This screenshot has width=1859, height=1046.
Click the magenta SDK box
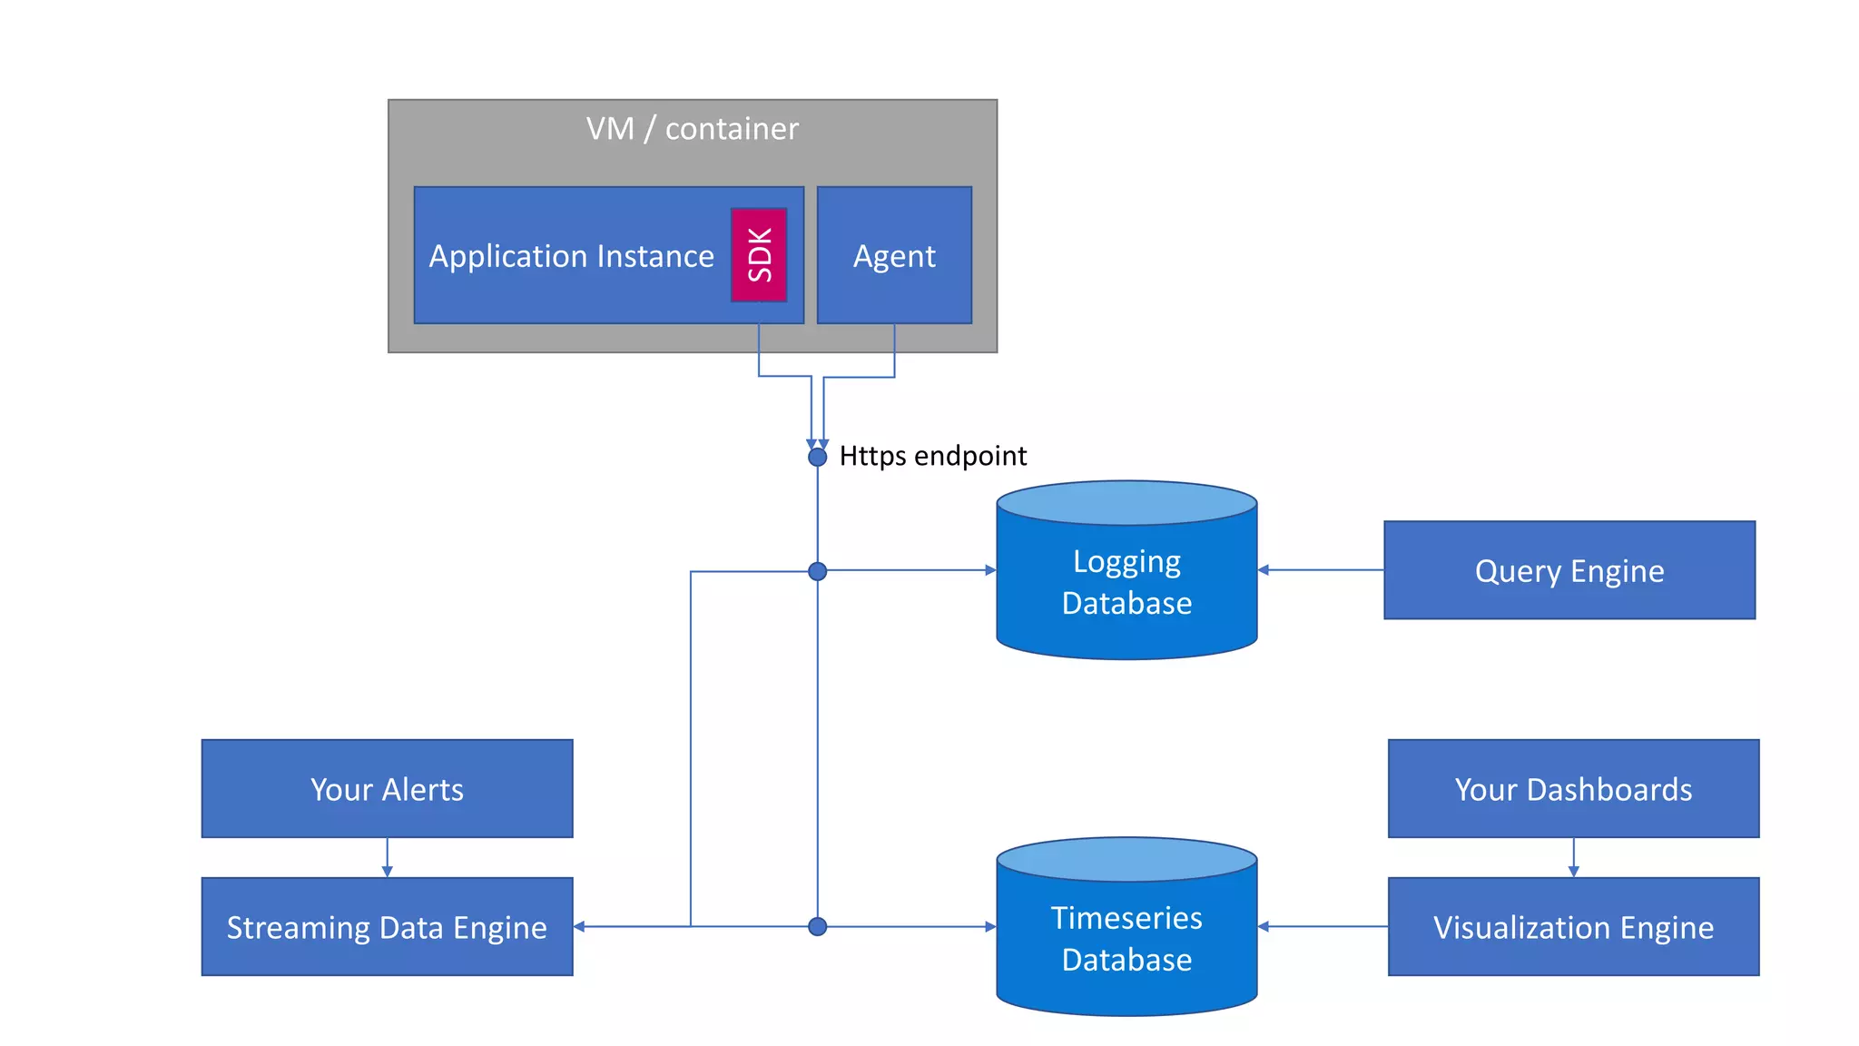pos(759,255)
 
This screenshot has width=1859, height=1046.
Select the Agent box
pos(894,255)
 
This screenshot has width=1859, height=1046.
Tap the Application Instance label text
pos(571,256)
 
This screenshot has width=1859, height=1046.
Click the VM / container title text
pos(692,129)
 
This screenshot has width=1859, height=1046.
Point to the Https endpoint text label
pos(932,455)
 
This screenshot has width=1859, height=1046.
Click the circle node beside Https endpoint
pos(817,457)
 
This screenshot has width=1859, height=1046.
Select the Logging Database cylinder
pos(1126,581)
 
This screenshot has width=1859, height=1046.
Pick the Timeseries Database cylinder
pos(1126,937)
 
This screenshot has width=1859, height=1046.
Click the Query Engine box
pos(1569,570)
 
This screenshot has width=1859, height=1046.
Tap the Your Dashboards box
pos(1573,788)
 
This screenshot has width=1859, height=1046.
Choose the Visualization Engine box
pos(1573,926)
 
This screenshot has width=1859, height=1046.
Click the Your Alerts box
pos(387,788)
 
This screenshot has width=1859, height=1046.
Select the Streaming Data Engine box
pos(387,926)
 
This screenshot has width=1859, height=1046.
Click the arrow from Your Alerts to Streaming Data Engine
pos(387,858)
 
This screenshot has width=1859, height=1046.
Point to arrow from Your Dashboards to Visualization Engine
pos(1573,858)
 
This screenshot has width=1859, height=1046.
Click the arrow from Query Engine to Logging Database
pos(1321,570)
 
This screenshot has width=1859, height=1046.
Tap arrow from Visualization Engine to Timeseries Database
pos(1323,926)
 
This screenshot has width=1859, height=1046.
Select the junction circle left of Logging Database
pos(817,571)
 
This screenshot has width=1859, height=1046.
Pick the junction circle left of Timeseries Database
pos(817,926)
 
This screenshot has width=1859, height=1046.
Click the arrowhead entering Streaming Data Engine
pos(579,926)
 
